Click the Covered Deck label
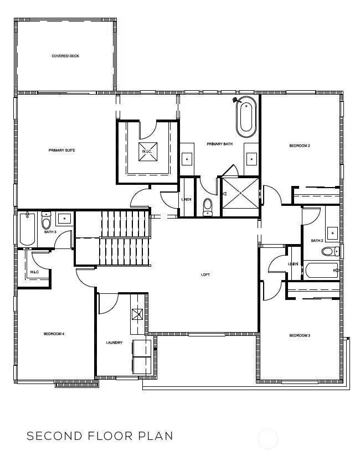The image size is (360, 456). click(x=65, y=56)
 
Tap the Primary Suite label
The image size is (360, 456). click(x=61, y=150)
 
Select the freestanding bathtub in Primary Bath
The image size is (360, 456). click(x=246, y=117)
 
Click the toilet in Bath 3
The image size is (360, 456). click(x=46, y=221)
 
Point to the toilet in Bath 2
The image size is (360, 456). click(x=330, y=251)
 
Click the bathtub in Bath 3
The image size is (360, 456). click(x=27, y=229)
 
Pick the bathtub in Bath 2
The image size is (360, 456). click(x=322, y=271)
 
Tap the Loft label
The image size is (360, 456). click(x=205, y=274)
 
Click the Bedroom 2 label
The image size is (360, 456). click(x=300, y=146)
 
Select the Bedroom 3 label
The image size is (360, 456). click(x=300, y=335)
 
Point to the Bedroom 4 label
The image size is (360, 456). click(x=54, y=334)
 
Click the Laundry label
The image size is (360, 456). click(x=114, y=343)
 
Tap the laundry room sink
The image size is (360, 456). click(x=137, y=314)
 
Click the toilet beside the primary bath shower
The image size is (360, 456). click(x=208, y=207)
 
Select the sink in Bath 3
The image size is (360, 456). click(x=65, y=219)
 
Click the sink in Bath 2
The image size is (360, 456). click(x=332, y=232)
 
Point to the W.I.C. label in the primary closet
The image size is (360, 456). click(x=147, y=152)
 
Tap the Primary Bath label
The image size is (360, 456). click(x=219, y=144)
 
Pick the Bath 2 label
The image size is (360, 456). click(x=317, y=241)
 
